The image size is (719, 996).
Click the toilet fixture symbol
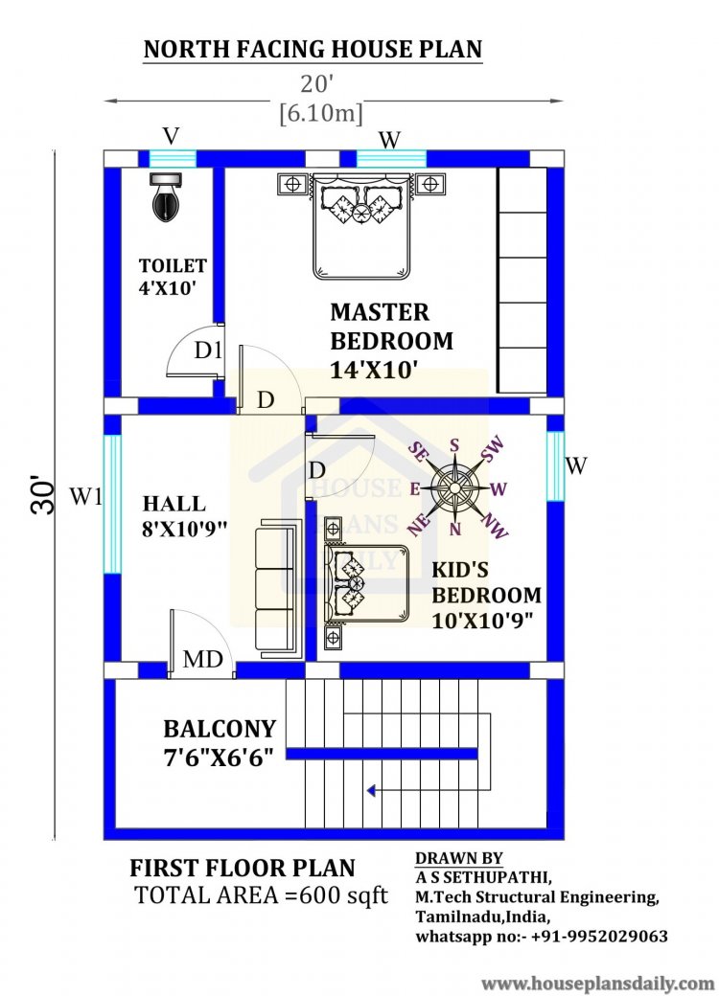click(x=164, y=197)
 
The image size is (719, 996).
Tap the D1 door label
click(x=208, y=351)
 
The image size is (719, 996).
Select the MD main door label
click(x=203, y=660)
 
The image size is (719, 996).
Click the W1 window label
click(x=85, y=497)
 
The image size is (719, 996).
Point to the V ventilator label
click(x=172, y=134)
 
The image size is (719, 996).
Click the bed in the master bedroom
click(x=359, y=222)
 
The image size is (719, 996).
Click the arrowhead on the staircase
click(x=370, y=791)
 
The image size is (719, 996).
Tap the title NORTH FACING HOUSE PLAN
click(x=313, y=50)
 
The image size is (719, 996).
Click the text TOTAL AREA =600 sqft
click(x=261, y=895)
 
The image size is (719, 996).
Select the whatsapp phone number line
click(x=542, y=936)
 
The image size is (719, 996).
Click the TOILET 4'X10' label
click(x=173, y=276)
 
